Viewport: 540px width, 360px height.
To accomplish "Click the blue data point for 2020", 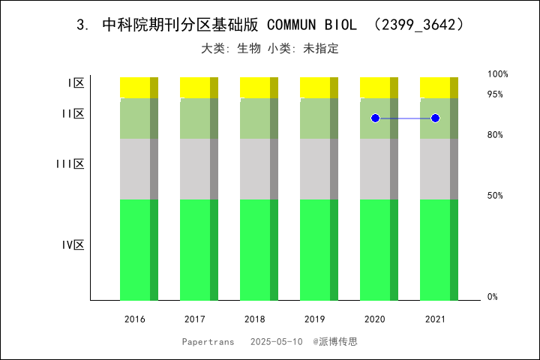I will (375, 118).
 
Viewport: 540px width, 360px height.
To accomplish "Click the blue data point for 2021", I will (435, 118).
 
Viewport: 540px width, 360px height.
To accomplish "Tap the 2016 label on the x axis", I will (135, 319).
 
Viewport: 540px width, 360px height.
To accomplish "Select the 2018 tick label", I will (255, 319).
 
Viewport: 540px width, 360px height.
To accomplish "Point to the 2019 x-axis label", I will (315, 319).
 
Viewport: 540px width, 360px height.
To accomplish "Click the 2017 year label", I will (195, 319).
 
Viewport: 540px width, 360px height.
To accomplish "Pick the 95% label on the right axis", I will (495, 94).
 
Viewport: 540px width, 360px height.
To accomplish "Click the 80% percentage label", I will (495, 135).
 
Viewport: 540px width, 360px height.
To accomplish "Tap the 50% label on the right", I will (495, 196).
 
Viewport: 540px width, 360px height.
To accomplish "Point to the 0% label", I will (493, 297).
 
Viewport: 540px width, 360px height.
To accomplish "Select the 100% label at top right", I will (498, 74).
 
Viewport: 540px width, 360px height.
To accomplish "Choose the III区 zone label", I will (70, 163).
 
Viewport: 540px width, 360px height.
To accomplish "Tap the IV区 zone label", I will (73, 244).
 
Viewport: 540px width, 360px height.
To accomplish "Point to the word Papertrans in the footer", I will (204, 342).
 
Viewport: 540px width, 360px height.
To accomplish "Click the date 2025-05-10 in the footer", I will (277, 342).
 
